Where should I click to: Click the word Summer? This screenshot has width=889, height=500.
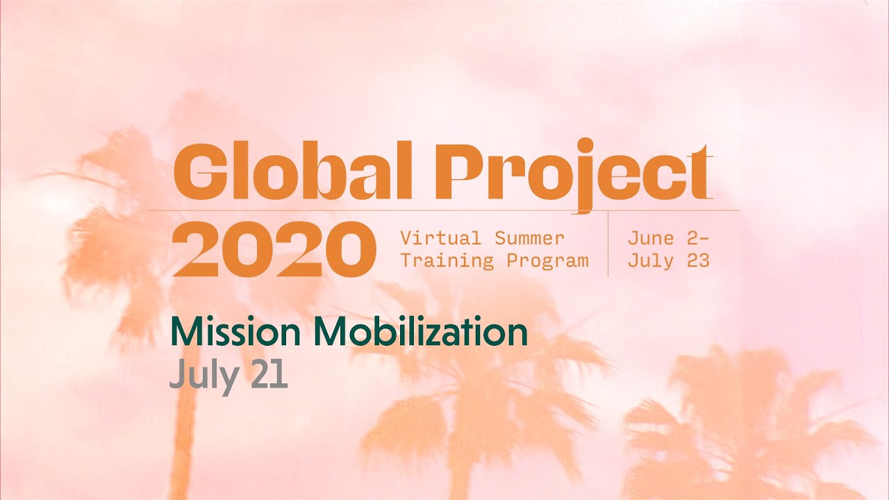[x=530, y=238]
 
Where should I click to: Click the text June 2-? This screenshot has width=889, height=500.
[x=668, y=238]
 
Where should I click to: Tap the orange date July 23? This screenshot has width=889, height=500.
[x=668, y=261]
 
